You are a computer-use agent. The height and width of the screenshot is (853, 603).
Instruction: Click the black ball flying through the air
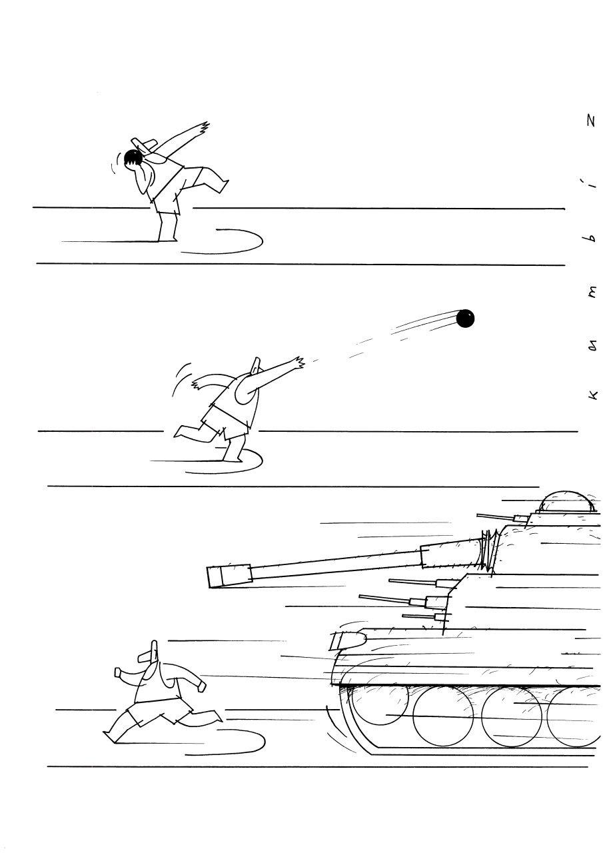point(466,319)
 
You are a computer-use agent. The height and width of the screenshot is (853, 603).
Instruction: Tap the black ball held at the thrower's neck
point(132,157)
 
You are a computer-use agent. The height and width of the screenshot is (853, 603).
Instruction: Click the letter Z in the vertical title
point(590,121)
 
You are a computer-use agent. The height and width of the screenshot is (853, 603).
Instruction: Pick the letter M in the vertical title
point(591,292)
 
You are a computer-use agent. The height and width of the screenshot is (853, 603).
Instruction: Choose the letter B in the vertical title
point(591,239)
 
